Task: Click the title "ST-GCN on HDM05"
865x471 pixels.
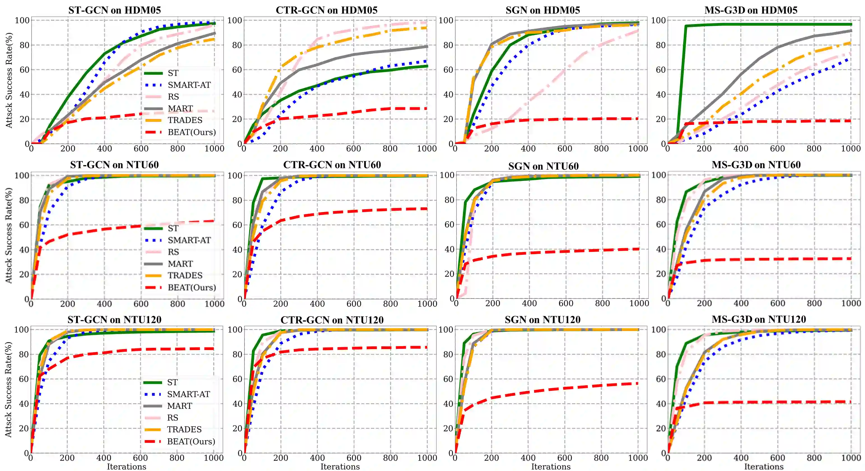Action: point(114,10)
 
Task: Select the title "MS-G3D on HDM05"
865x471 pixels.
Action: point(751,10)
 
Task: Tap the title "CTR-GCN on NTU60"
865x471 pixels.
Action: point(332,165)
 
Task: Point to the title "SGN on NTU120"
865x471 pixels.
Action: point(542,320)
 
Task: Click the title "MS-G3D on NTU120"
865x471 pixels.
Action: point(759,319)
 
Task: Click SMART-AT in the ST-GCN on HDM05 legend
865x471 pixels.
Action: point(189,85)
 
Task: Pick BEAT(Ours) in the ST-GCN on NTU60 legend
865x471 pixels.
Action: point(192,288)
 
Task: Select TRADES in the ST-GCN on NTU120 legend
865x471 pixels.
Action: point(184,429)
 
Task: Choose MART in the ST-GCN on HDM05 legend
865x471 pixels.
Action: point(180,109)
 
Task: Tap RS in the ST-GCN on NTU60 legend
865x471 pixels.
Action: point(173,252)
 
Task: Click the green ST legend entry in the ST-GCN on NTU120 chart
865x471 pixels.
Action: point(172,382)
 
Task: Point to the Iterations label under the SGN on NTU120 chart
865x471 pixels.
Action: point(551,467)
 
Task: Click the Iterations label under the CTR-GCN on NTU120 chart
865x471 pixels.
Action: point(340,467)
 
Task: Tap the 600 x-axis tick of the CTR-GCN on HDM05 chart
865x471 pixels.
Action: point(353,149)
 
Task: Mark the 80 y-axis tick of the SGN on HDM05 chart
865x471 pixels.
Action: point(448,45)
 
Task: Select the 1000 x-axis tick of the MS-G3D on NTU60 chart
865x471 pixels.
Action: point(850,303)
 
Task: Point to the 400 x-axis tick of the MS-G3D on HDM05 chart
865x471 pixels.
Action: point(740,149)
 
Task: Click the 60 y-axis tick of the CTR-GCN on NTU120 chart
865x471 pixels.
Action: point(237,379)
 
